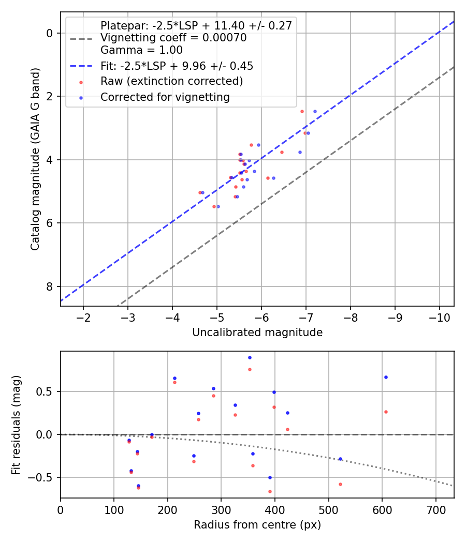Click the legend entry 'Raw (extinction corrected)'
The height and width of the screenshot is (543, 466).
(x=171, y=81)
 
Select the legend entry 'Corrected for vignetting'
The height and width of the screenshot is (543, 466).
(x=165, y=97)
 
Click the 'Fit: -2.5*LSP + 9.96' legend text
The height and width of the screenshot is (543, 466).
(x=177, y=66)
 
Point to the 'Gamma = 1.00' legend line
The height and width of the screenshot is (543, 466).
(x=141, y=50)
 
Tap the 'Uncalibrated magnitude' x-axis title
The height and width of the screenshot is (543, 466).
(x=257, y=333)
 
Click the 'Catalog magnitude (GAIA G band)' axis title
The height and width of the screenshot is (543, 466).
(x=35, y=159)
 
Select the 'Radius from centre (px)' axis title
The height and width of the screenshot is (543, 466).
(x=257, y=525)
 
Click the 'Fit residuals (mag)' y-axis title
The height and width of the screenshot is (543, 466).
(x=17, y=425)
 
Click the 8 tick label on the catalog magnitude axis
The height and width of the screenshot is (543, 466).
(x=50, y=286)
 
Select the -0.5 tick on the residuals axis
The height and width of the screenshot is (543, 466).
(x=44, y=477)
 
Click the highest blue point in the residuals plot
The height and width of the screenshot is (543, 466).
(x=250, y=357)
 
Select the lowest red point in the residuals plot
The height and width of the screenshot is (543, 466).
(x=270, y=491)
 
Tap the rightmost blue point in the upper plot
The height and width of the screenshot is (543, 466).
(x=315, y=111)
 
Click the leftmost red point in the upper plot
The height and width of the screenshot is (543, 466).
(x=200, y=192)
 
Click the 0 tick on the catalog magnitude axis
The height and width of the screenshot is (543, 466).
(x=50, y=33)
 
